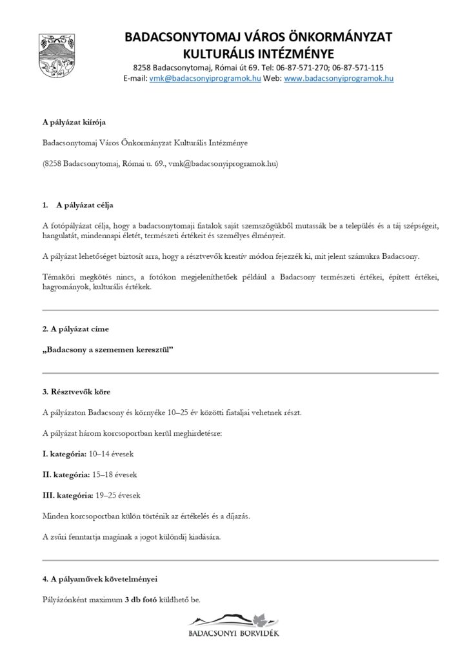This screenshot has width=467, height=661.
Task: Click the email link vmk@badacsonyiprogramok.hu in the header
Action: pos(204,78)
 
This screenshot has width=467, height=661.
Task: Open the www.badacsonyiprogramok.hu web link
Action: pos(339,78)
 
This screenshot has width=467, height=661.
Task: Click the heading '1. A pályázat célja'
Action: pos(77,205)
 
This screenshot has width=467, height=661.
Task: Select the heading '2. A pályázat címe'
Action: pos(75,329)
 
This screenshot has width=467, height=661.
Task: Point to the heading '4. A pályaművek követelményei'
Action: pos(99,578)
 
